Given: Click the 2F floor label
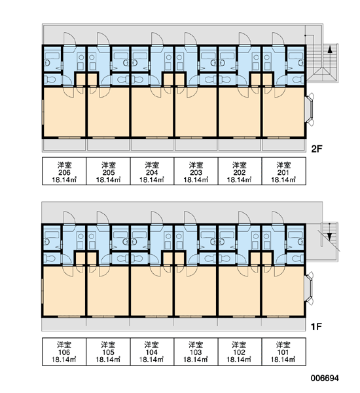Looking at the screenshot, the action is [x=316, y=149].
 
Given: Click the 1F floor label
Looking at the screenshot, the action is [x=316, y=327].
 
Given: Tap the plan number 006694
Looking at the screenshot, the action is [x=325, y=378].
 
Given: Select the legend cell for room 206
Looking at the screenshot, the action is [x=64, y=171].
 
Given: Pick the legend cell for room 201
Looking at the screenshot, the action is [x=284, y=171].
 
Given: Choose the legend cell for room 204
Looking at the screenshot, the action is [x=152, y=171].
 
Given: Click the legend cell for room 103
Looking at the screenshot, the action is [x=196, y=351].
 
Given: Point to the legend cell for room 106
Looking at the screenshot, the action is [x=64, y=351].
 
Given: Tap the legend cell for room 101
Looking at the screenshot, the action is [x=284, y=351].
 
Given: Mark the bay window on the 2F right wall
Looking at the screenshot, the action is [x=310, y=109].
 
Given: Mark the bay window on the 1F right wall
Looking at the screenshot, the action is [x=310, y=288].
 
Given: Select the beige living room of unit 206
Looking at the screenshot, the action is [x=64, y=112].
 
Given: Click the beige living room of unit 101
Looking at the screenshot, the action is [x=283, y=291].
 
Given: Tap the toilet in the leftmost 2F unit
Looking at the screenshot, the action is [x=51, y=80].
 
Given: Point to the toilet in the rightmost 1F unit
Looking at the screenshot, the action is [x=297, y=259].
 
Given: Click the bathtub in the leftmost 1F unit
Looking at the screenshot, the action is [x=52, y=234].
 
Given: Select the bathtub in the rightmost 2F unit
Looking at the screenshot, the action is [x=296, y=56].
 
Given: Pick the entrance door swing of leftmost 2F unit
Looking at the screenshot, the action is [x=69, y=39].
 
